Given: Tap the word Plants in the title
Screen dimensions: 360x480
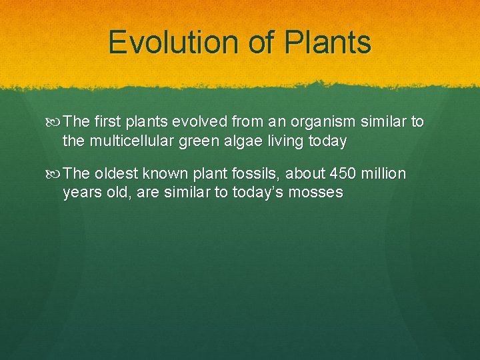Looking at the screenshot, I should (x=327, y=42).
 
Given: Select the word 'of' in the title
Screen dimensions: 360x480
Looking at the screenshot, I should (x=261, y=42).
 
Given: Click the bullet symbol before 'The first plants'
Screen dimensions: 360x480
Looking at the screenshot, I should (x=55, y=122).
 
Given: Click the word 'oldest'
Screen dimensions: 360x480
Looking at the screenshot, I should (x=117, y=174).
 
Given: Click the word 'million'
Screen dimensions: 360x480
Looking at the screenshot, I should (x=384, y=174).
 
